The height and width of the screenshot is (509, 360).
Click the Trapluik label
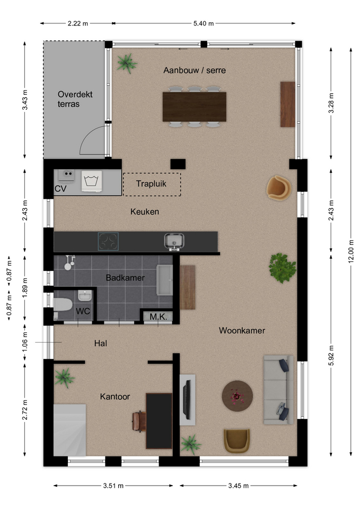coord(151,184)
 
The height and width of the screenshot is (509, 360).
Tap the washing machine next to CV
coord(92,181)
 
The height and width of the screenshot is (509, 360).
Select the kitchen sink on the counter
coord(174,241)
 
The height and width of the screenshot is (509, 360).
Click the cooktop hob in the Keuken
coord(108,242)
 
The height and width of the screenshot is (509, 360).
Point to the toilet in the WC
coord(63,305)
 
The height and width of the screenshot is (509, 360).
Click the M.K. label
coord(158,317)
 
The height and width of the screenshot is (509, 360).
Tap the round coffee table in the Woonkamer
coord(238,396)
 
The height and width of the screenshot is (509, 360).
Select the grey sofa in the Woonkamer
coord(278,390)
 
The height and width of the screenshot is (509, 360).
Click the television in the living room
coord(187,400)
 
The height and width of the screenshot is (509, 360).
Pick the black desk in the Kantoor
coord(159,421)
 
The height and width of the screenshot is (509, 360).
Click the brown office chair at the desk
coord(139,422)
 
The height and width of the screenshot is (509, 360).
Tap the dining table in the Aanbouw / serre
coord(195,107)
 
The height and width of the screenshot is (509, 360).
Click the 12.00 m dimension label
coord(350,251)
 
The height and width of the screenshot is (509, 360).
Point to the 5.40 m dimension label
coord(204,23)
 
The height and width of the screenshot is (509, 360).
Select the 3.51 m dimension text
coord(113,486)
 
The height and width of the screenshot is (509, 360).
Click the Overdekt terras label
coord(75,99)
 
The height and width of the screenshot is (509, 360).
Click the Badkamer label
coord(125,278)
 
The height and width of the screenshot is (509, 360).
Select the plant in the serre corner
coord(127,63)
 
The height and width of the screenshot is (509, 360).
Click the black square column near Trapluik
coord(178,164)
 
